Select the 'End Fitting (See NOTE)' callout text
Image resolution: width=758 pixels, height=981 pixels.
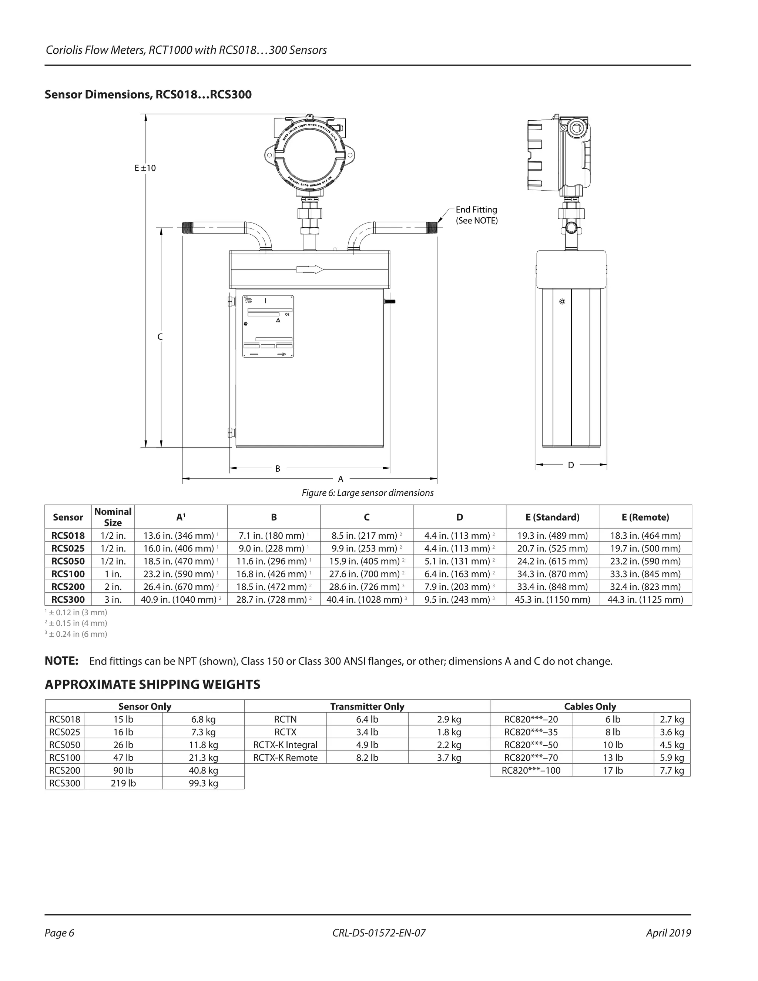point(476,215)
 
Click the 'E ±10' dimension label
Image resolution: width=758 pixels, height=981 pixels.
point(145,168)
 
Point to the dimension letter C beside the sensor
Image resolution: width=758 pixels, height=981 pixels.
point(160,337)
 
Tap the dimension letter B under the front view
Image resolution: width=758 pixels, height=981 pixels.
point(278,469)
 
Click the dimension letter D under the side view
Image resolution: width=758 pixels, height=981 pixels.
point(571,465)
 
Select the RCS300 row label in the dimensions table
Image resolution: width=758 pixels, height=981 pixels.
point(68,599)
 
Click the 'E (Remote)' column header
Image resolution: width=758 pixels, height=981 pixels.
point(645,517)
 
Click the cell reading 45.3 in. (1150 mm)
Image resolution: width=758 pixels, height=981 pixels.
point(552,599)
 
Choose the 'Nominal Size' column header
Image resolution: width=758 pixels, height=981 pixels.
point(113,517)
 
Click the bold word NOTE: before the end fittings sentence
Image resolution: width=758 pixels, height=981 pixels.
point(61,661)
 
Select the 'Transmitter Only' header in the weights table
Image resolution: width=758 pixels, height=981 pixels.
point(367,706)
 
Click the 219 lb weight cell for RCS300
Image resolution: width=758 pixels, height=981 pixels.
point(123,783)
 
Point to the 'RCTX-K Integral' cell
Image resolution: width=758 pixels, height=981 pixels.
point(285,745)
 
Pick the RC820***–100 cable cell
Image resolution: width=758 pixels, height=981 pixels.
point(531,770)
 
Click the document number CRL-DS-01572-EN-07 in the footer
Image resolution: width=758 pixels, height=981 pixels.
point(379,933)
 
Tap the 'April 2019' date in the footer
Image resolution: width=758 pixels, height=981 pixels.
point(668,933)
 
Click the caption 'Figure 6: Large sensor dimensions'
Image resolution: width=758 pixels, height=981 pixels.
point(367,493)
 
